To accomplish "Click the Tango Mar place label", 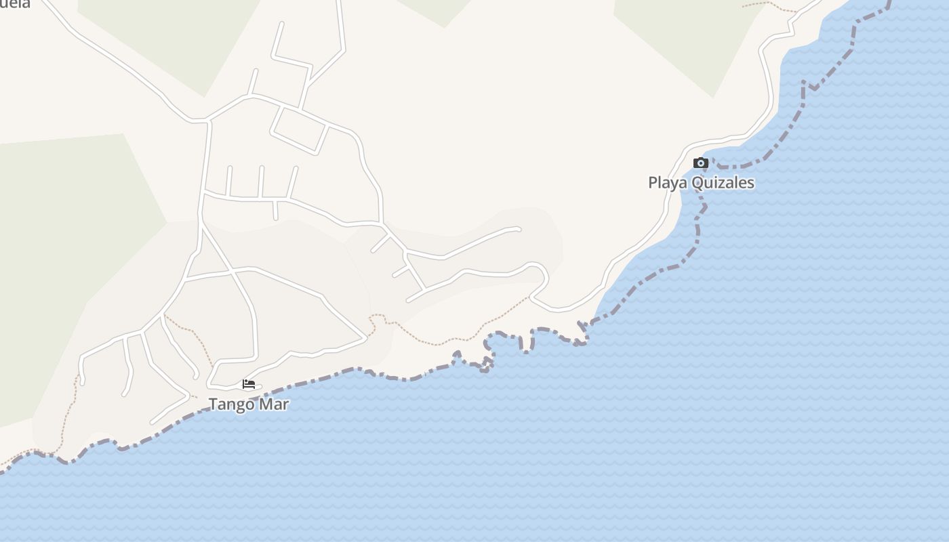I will coord(249,404).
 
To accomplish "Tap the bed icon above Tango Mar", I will coord(249,384).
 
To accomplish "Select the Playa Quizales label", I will coord(701,183).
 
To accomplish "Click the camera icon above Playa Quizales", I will coord(701,163).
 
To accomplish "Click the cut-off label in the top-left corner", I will coord(15,4).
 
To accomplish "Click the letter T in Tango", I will coord(213,404).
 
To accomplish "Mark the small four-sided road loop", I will coord(300,130).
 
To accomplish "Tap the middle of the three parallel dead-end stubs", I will coord(262,182).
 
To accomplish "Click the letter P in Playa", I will coord(653,183).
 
